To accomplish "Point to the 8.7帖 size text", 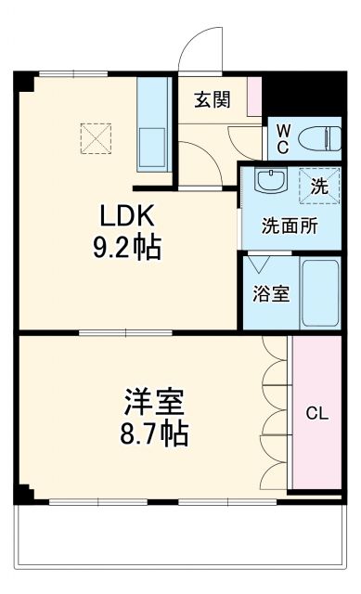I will (x=155, y=433).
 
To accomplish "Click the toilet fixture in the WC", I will (x=319, y=137).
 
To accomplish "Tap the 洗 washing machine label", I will (x=318, y=185).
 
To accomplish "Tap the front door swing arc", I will (x=201, y=46).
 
